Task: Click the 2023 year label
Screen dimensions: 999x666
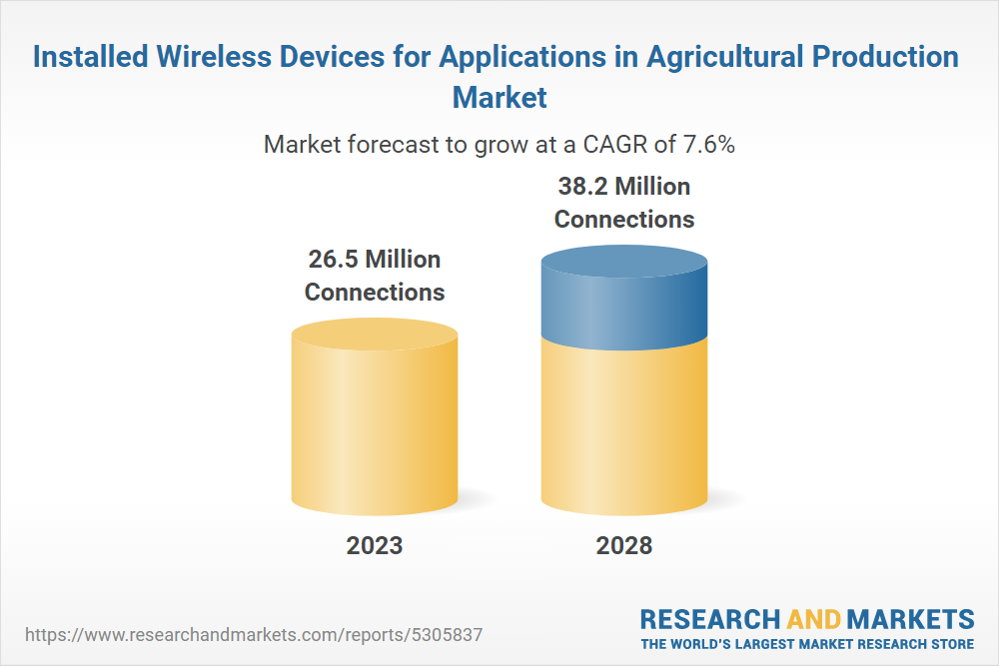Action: [x=375, y=545]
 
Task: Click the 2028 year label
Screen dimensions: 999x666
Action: [x=624, y=545]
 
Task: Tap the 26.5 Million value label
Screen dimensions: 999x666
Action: [x=375, y=260]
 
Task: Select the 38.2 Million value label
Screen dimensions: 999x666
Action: [x=624, y=187]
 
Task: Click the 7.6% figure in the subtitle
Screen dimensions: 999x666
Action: [x=709, y=145]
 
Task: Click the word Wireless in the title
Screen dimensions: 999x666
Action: [x=216, y=56]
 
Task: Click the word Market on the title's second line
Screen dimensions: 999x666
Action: [x=499, y=98]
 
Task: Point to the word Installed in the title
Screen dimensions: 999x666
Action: [x=91, y=56]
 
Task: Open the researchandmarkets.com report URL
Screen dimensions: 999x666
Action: [x=254, y=635]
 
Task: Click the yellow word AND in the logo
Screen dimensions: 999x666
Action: [x=813, y=619]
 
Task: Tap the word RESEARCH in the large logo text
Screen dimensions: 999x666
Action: [x=709, y=619]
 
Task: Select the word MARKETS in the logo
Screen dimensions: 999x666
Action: [x=910, y=619]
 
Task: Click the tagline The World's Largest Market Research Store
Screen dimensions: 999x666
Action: [x=807, y=644]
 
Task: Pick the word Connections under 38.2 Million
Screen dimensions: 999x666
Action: [x=624, y=220]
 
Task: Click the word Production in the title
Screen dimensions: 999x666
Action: [x=885, y=56]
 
